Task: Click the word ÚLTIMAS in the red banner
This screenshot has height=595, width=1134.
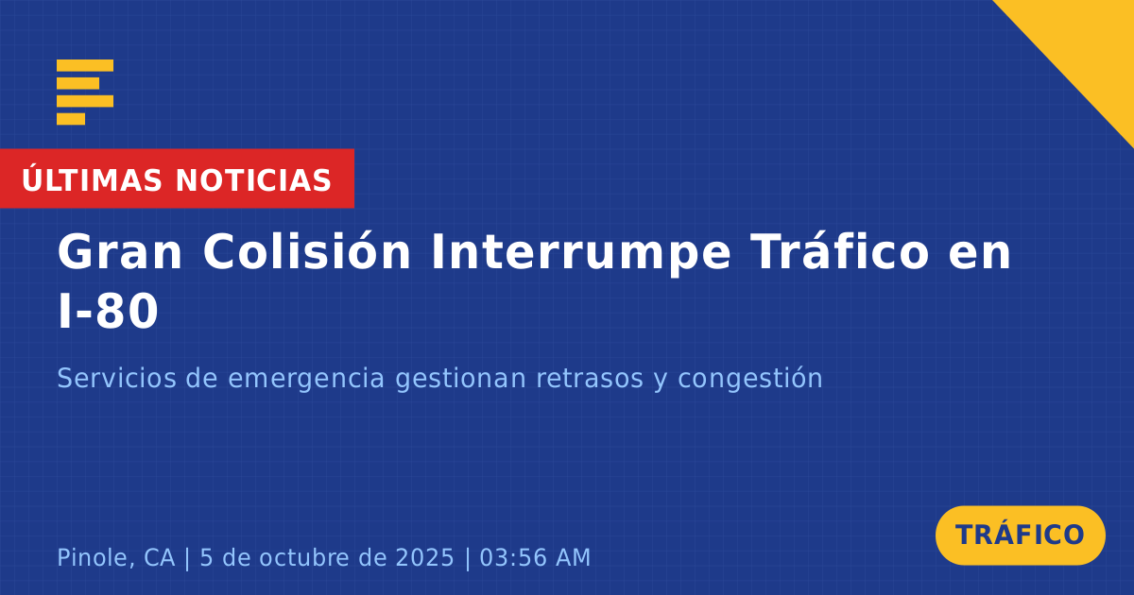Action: point(92,178)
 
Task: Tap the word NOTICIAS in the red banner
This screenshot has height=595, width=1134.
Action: point(253,180)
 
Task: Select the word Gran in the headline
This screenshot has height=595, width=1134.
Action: point(120,252)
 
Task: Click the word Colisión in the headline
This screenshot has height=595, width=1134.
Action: point(307,251)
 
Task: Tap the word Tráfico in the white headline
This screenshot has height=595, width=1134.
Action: point(840,250)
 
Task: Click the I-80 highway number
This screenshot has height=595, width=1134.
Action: point(109,312)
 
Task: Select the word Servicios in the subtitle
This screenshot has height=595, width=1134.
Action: point(116,378)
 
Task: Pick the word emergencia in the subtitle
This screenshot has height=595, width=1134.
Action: point(306,379)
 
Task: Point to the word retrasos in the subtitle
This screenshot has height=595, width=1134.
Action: point(590,379)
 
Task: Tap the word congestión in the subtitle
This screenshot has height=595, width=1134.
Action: point(750,379)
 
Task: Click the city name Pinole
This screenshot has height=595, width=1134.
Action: point(94,557)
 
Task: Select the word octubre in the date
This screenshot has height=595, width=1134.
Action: point(303,557)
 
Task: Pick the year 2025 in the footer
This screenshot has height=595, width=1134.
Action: point(424,557)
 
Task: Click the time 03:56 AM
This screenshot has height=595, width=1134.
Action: point(535,557)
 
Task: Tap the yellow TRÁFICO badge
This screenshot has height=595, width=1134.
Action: point(1020,535)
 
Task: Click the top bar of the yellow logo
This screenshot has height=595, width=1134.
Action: point(85,65)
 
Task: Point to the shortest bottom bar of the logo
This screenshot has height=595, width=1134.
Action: point(71,119)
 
